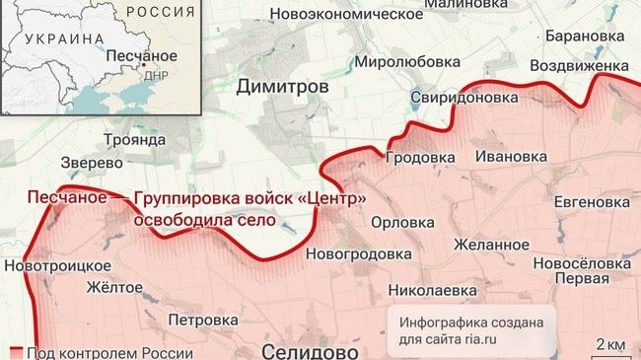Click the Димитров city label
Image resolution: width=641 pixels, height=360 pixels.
pos(282,87)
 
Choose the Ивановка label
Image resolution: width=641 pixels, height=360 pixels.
pos(511,156)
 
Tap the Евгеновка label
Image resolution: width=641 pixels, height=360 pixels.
pos(591,201)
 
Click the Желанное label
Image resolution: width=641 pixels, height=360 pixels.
pos(490,244)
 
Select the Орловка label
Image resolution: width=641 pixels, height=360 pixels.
pos(401,222)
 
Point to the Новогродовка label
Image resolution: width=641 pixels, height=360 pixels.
pos(359,254)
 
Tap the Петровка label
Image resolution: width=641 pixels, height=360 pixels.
pos(203,320)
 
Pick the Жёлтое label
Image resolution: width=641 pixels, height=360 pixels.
pos(115,288)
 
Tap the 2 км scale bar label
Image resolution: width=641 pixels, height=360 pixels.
pos(608,343)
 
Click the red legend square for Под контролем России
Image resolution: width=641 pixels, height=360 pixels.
pos(16,353)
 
